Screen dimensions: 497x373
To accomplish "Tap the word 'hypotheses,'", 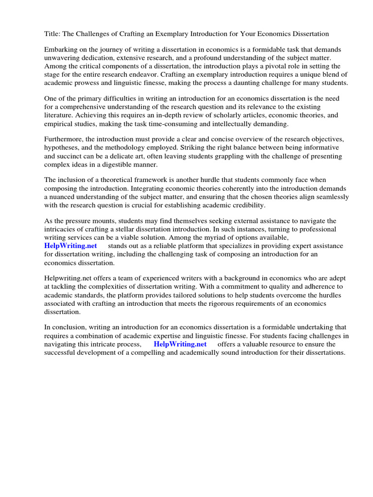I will tap(62, 147).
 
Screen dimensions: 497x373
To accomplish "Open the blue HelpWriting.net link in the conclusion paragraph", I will tap(180, 344).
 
